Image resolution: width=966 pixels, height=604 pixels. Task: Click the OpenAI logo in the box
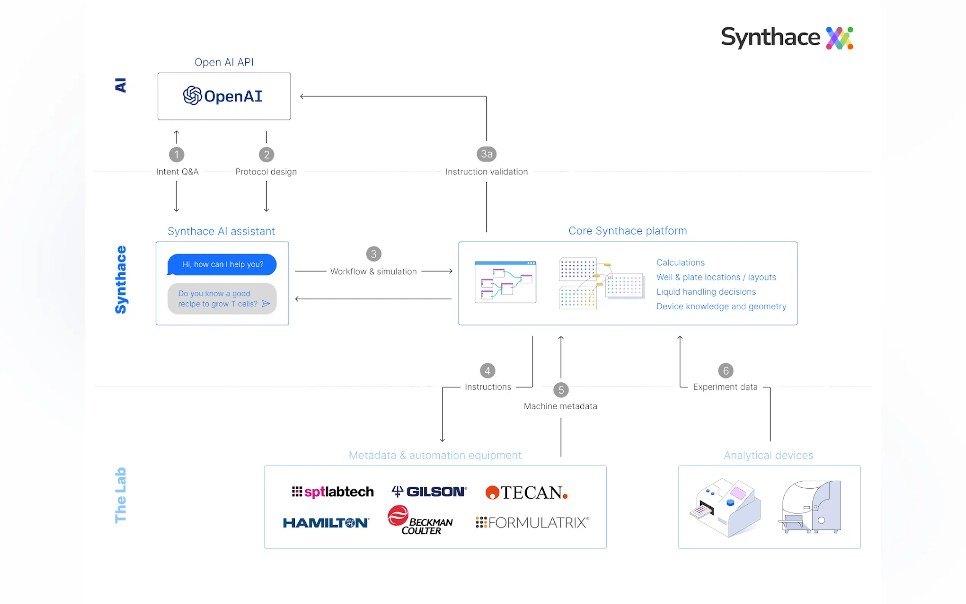click(222, 96)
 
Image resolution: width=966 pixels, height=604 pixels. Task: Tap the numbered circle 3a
click(486, 154)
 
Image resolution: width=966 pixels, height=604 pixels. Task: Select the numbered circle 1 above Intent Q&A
click(176, 154)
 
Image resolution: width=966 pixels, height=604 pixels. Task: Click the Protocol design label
click(266, 172)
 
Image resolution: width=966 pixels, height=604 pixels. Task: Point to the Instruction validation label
click(486, 172)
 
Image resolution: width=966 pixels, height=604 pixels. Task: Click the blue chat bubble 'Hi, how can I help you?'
click(222, 264)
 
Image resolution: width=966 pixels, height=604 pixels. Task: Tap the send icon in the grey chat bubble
click(266, 304)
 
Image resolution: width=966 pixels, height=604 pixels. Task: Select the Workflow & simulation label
click(373, 272)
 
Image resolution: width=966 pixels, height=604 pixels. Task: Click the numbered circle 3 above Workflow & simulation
click(373, 254)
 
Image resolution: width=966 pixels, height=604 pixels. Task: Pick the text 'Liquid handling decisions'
click(705, 292)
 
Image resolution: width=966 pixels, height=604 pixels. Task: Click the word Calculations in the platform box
click(680, 263)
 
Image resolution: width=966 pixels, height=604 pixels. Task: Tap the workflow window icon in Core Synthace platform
click(505, 282)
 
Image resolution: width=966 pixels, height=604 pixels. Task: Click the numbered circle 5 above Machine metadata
click(561, 390)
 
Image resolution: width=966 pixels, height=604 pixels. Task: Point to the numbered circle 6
click(726, 371)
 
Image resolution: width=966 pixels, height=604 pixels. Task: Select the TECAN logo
click(526, 493)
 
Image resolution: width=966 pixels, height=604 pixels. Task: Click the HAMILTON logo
click(326, 523)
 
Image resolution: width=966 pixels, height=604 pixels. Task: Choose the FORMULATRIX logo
click(532, 523)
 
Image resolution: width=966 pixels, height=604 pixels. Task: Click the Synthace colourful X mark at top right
click(839, 38)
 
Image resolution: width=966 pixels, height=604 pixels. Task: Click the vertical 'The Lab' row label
click(121, 495)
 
